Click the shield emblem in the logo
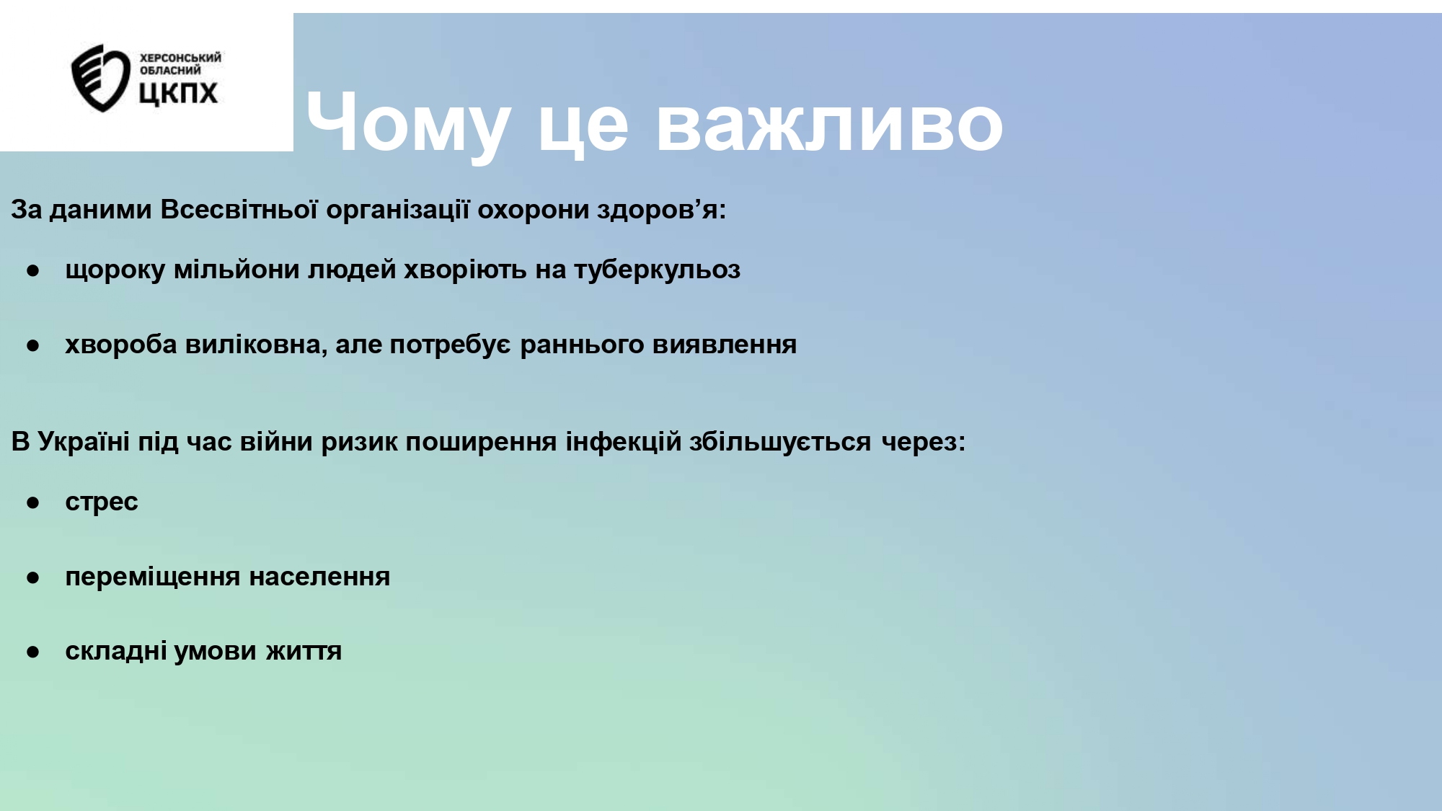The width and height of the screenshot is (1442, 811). pyautogui.click(x=100, y=78)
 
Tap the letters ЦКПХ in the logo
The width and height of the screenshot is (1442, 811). pyautogui.click(x=178, y=93)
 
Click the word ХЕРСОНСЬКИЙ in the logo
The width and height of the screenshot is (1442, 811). pyautogui.click(x=180, y=58)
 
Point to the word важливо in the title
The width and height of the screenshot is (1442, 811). pyautogui.click(x=829, y=123)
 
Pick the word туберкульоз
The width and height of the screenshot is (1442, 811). pyautogui.click(x=657, y=270)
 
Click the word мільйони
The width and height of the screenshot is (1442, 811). pyautogui.click(x=236, y=269)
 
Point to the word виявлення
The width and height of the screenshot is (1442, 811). pyautogui.click(x=725, y=345)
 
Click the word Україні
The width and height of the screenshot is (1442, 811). pyautogui.click(x=84, y=441)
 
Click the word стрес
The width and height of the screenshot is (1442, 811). pyautogui.click(x=101, y=502)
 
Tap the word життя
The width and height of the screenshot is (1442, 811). pyautogui.click(x=304, y=652)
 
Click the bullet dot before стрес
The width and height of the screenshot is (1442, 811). pyautogui.click(x=32, y=502)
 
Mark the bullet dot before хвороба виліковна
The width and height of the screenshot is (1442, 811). pyautogui.click(x=32, y=345)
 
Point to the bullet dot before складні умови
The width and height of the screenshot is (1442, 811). pyautogui.click(x=32, y=652)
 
